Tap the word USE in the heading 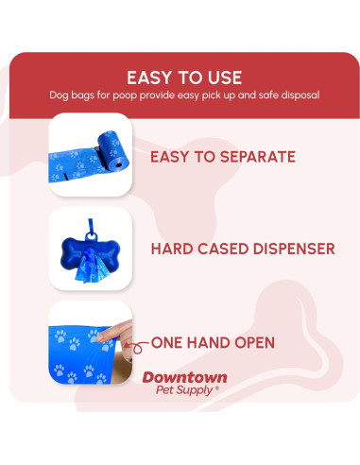pyautogui.click(x=225, y=77)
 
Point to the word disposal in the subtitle pyautogui.click(x=300, y=95)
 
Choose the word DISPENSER pyautogui.click(x=294, y=249)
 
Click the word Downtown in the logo pyautogui.click(x=184, y=377)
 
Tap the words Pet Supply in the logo pyautogui.click(x=184, y=390)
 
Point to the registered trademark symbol pyautogui.click(x=216, y=388)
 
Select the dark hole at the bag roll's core pyautogui.click(x=119, y=164)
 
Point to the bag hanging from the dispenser pyautogui.click(x=92, y=266)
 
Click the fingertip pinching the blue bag pyautogui.click(x=100, y=338)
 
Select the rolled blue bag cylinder pyautogui.click(x=113, y=150)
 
